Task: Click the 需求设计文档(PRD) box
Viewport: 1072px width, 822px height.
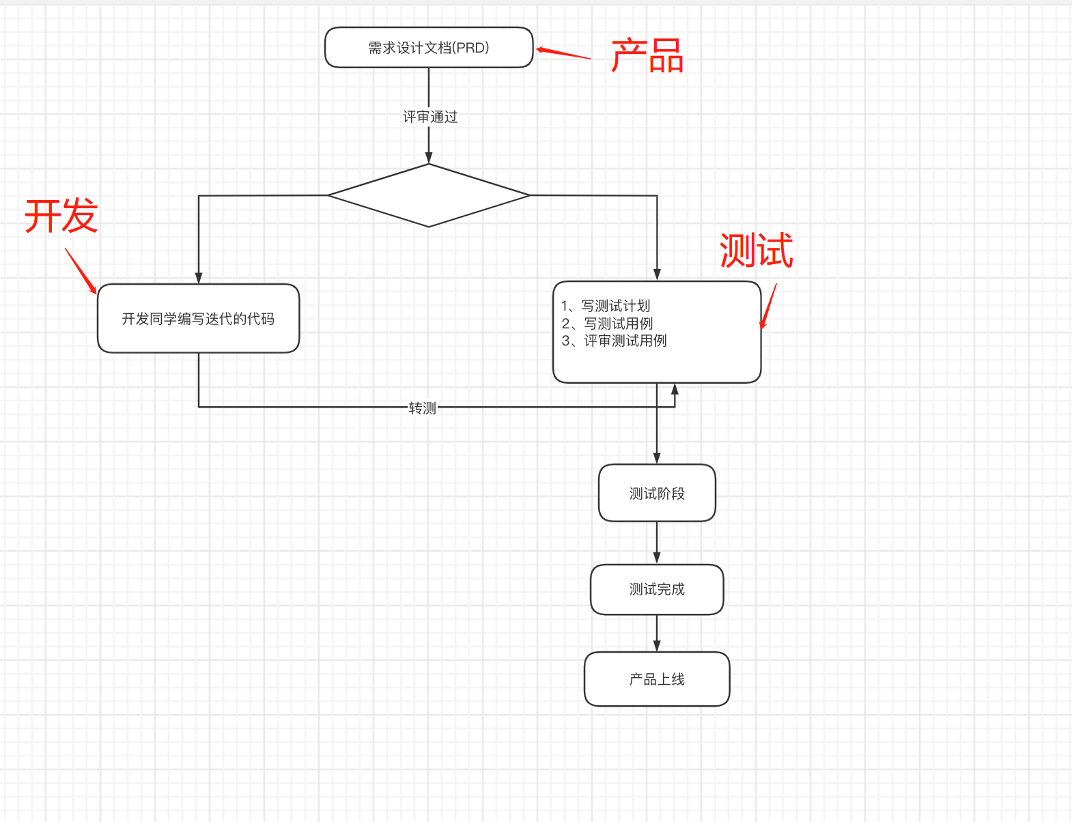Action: coord(429,48)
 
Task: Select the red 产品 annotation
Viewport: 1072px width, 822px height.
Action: coord(647,56)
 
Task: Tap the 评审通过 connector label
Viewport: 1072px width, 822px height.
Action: coord(429,117)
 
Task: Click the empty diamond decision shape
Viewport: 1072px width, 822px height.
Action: coord(429,195)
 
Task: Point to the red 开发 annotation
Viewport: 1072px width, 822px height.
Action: coord(61,216)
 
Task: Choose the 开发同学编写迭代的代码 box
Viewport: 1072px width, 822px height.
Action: coord(198,319)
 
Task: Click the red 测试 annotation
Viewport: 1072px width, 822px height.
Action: coord(756,251)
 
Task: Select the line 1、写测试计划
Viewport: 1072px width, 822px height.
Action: coord(606,306)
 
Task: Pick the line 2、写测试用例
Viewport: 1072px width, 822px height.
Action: coord(607,324)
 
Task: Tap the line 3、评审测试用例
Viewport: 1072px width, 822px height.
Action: coord(614,341)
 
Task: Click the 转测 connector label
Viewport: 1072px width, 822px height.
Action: coord(422,408)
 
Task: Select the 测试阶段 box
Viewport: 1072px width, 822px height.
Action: coord(657,494)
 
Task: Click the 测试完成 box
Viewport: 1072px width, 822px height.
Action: coord(657,589)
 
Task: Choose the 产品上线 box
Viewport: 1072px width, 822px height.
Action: coord(657,679)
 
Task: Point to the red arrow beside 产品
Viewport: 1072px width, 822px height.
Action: coord(563,53)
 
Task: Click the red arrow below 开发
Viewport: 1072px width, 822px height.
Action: coord(81,270)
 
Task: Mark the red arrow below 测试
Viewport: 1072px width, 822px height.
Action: coord(769,306)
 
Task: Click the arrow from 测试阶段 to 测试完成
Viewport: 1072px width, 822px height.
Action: coord(657,543)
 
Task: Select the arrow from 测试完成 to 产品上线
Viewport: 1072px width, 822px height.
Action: coord(657,633)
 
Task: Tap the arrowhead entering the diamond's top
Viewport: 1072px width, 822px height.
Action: coord(429,157)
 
